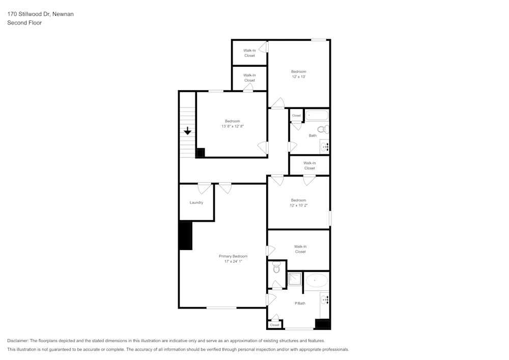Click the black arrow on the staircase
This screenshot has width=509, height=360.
click(x=187, y=131)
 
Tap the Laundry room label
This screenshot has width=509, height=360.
click(x=196, y=203)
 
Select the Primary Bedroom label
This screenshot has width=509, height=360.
click(x=233, y=256)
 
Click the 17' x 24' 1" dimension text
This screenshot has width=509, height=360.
click(x=233, y=262)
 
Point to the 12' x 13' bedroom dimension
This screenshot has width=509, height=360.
click(x=298, y=77)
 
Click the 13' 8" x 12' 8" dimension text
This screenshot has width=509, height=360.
click(x=232, y=126)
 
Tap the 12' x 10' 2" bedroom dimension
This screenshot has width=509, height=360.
click(x=299, y=205)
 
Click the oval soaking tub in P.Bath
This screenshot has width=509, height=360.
click(x=317, y=281)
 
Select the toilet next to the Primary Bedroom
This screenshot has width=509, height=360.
click(x=276, y=267)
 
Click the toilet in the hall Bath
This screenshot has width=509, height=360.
click(x=323, y=129)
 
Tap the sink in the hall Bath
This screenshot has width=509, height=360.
click(x=325, y=147)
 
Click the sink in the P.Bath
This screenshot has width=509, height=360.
click(x=325, y=301)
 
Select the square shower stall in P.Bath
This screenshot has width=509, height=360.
click(x=294, y=279)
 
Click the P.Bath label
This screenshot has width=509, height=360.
click(x=300, y=303)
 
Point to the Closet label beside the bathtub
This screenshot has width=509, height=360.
click(x=296, y=116)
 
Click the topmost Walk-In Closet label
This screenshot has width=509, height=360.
click(x=249, y=53)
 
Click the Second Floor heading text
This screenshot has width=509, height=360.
click(x=24, y=23)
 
